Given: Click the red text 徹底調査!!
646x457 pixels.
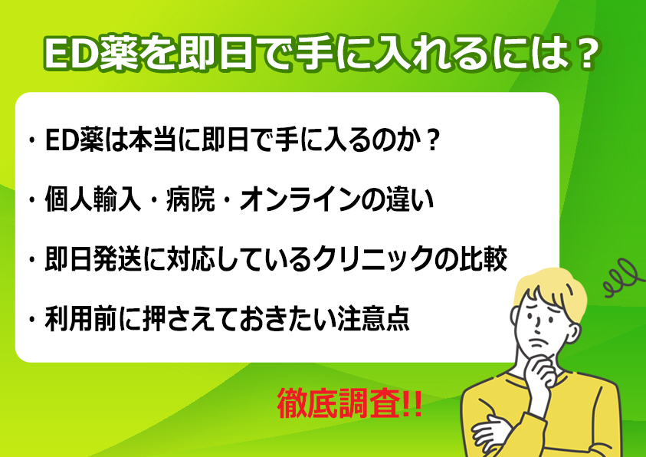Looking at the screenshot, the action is (x=349, y=403).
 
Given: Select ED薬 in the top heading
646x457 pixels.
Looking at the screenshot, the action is (x=91, y=54).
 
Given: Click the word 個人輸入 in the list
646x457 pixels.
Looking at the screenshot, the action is (x=93, y=201).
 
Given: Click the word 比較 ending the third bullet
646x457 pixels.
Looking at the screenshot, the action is (x=483, y=259).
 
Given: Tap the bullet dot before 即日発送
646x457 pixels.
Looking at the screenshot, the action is (x=31, y=260).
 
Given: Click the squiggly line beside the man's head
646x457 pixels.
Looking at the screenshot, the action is (x=622, y=278).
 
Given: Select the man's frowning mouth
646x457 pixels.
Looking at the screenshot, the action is (x=539, y=342).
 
